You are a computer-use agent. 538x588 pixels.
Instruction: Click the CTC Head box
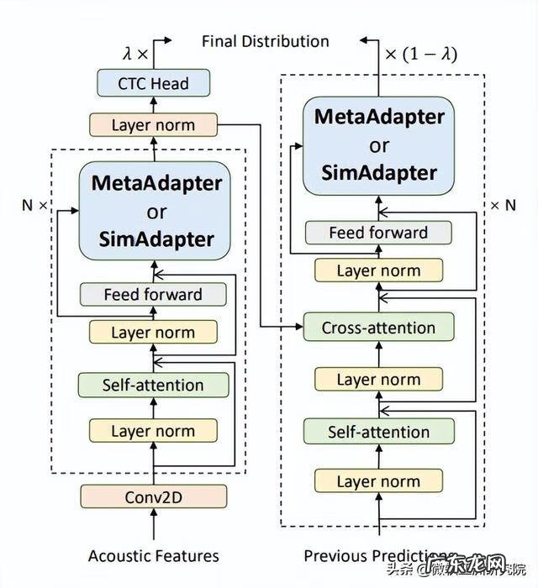153,83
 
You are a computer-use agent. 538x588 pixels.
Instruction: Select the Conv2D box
154,496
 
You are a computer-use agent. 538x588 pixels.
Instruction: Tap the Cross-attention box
378,328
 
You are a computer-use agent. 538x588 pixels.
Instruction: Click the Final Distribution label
266,41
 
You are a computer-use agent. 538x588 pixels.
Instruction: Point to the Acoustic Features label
153,555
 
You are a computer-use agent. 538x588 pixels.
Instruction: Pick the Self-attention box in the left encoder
153,386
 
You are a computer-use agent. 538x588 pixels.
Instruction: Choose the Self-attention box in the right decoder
378,432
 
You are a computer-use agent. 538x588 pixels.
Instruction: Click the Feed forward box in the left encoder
153,294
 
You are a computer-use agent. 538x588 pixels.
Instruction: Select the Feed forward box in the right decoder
378,232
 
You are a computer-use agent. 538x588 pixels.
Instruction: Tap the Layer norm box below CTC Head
153,125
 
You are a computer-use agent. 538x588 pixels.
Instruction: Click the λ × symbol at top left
134,52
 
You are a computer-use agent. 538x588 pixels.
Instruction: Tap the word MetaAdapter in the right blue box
378,116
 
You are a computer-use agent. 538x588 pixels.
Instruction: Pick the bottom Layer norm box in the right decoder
378,481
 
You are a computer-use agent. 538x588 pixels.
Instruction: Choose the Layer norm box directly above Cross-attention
378,270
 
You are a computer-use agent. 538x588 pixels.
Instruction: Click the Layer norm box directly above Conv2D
153,431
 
